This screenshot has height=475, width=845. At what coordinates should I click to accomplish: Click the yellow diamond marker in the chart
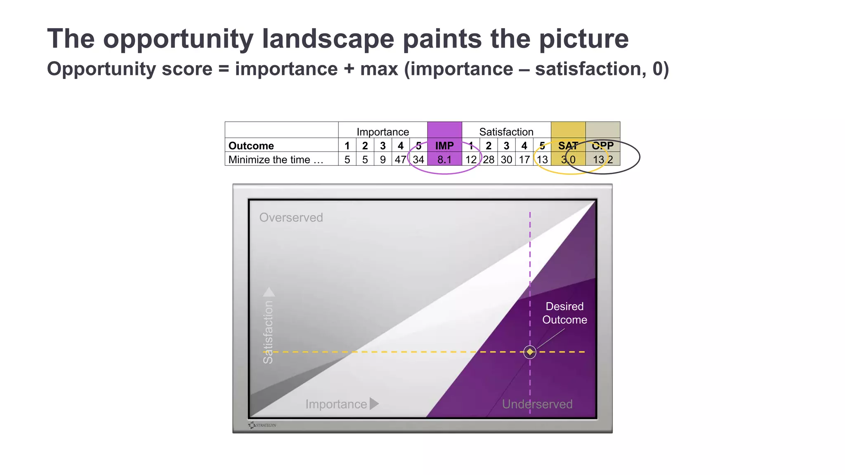(530, 352)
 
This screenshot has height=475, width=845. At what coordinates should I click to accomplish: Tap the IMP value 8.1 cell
(444, 160)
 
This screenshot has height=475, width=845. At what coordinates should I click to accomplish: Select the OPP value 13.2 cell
(602, 160)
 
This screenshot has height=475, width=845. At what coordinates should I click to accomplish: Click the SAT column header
(568, 146)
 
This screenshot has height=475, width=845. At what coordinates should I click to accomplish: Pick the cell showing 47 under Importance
(400, 160)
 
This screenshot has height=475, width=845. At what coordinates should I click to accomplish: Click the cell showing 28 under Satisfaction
(489, 160)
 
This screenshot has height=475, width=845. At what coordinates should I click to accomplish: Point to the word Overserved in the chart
(291, 217)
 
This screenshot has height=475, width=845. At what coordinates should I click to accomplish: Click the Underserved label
(537, 404)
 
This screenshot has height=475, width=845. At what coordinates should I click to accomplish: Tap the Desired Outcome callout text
(564, 313)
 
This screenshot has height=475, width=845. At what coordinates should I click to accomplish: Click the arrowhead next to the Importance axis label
(374, 404)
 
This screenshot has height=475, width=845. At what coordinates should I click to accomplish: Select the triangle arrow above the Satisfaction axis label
(269, 292)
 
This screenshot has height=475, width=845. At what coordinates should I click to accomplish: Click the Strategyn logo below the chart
(262, 425)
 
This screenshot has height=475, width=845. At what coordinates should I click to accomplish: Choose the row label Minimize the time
(276, 160)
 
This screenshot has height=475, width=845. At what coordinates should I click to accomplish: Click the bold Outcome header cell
(251, 146)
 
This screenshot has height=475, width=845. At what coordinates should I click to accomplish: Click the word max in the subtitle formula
(379, 69)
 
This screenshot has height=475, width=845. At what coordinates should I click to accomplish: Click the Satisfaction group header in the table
(506, 132)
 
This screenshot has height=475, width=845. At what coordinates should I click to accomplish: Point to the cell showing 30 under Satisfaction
(506, 160)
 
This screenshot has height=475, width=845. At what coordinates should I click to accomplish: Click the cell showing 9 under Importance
(382, 160)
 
